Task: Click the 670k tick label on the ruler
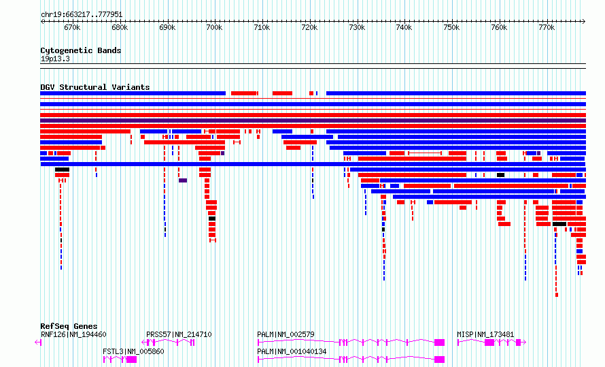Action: click(72, 28)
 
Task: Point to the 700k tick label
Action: click(215, 28)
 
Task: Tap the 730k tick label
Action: click(357, 28)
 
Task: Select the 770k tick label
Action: click(547, 28)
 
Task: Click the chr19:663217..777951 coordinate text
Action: click(82, 15)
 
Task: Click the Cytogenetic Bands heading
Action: click(81, 50)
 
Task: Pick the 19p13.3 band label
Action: click(55, 59)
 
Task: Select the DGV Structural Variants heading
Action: click(95, 87)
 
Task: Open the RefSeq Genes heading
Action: click(69, 326)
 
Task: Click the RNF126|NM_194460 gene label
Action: click(73, 334)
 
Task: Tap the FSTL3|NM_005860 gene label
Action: click(133, 351)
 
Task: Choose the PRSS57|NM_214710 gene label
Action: click(179, 334)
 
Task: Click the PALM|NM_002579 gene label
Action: click(286, 334)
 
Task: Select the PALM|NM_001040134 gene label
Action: click(292, 351)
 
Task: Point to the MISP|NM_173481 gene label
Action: click(485, 334)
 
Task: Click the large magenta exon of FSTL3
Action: click(132, 360)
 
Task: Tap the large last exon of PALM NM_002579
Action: click(439, 342)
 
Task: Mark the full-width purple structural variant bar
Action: click(313, 121)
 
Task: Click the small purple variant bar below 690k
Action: click(183, 180)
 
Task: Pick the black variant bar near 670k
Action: click(62, 170)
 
